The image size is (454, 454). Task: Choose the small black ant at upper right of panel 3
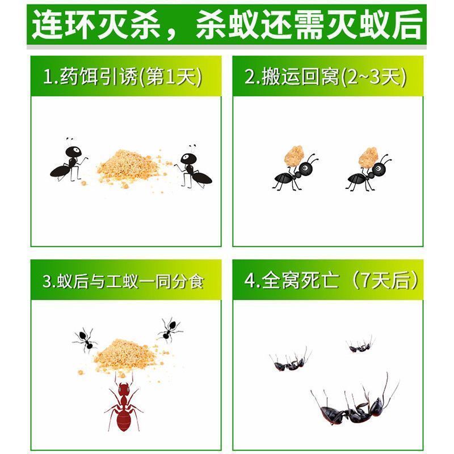168,329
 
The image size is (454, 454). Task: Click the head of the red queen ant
123,389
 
